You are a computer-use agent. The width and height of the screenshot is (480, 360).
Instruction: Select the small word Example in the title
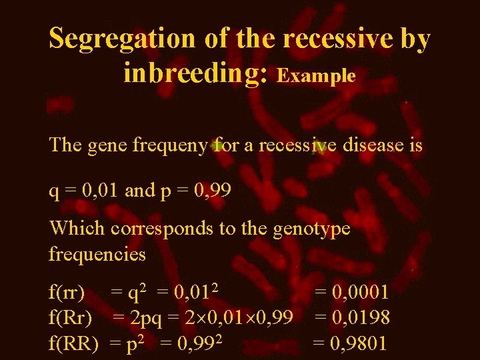316,76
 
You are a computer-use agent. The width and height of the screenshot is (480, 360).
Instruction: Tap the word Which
77,229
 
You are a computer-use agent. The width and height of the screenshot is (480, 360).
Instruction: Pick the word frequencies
97,254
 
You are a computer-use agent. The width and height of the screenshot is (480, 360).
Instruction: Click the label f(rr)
67,292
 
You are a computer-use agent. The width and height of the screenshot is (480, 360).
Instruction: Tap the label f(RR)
73,344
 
